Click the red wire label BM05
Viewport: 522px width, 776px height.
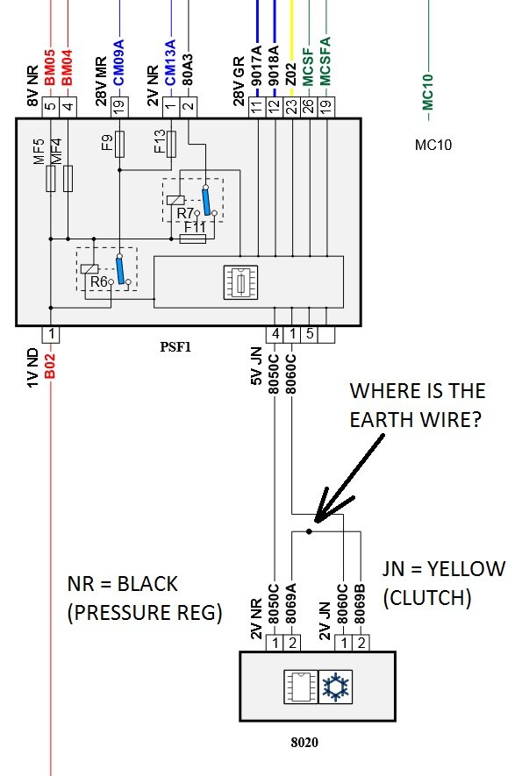click(50, 68)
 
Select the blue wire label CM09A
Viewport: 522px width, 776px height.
click(119, 63)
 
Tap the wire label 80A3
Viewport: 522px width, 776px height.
click(188, 70)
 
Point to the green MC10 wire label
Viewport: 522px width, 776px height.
click(428, 92)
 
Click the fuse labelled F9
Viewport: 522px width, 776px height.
click(119, 144)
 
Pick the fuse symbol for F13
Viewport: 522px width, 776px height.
click(171, 144)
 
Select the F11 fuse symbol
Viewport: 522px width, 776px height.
click(193, 239)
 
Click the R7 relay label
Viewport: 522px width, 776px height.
click(184, 214)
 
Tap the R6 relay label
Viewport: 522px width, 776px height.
click(98, 281)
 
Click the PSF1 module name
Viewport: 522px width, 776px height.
click(175, 347)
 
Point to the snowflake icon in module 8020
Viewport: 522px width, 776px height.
click(335, 687)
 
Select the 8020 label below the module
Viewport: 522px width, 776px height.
click(304, 742)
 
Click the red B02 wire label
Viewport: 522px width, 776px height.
click(50, 367)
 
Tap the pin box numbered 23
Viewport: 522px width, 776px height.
click(291, 107)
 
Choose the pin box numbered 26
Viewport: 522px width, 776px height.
click(309, 107)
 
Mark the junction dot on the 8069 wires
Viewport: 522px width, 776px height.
click(309, 531)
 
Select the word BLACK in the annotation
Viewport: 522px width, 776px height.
click(147, 584)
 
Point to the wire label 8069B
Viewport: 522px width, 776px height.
click(361, 604)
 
